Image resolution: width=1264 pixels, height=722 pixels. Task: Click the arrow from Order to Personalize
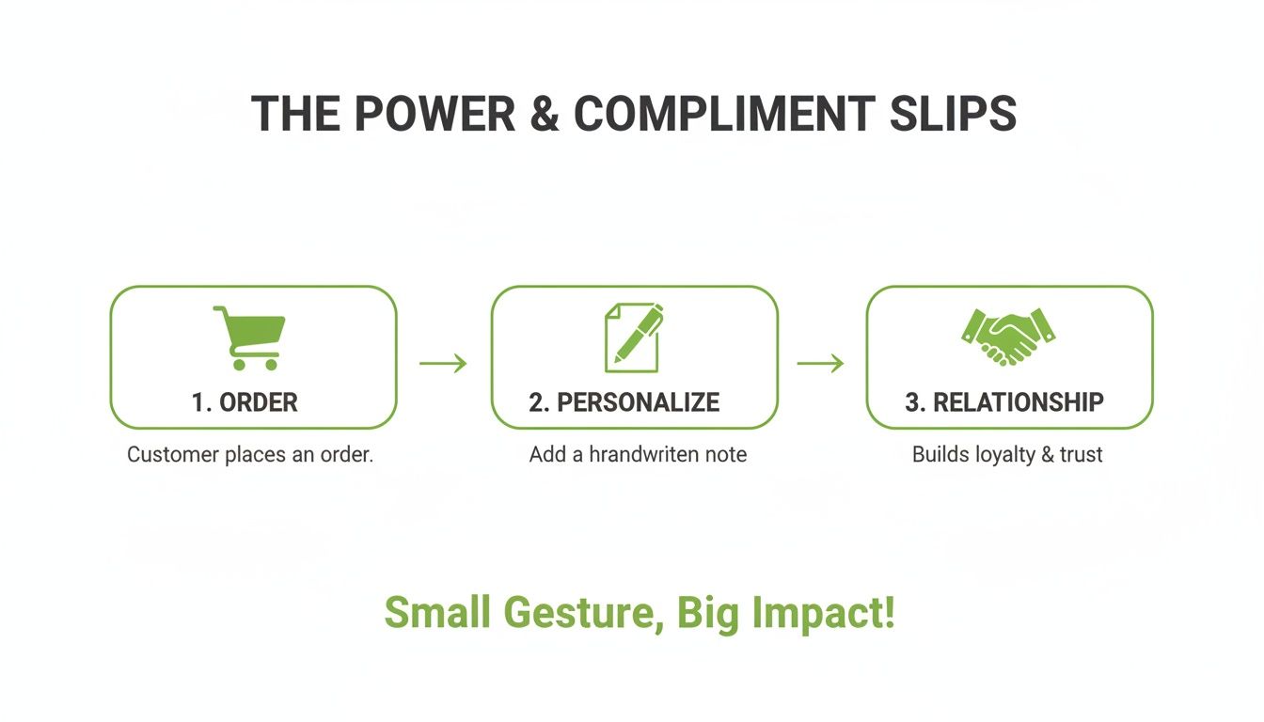click(x=443, y=364)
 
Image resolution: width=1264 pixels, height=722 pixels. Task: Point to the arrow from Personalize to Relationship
click(x=820, y=364)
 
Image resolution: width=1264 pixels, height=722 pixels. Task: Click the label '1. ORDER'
click(x=245, y=402)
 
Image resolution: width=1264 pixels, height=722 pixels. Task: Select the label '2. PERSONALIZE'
click(x=624, y=402)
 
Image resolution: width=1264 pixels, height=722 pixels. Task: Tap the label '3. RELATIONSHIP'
click(x=1004, y=402)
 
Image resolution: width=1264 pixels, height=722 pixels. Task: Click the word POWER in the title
click(x=435, y=114)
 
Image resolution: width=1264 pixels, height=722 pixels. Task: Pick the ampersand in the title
click(x=545, y=114)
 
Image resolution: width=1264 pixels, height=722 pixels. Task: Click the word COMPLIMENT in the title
click(x=724, y=114)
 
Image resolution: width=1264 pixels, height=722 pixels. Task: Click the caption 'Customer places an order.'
click(x=250, y=455)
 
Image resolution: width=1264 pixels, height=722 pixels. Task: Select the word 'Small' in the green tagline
click(x=437, y=614)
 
